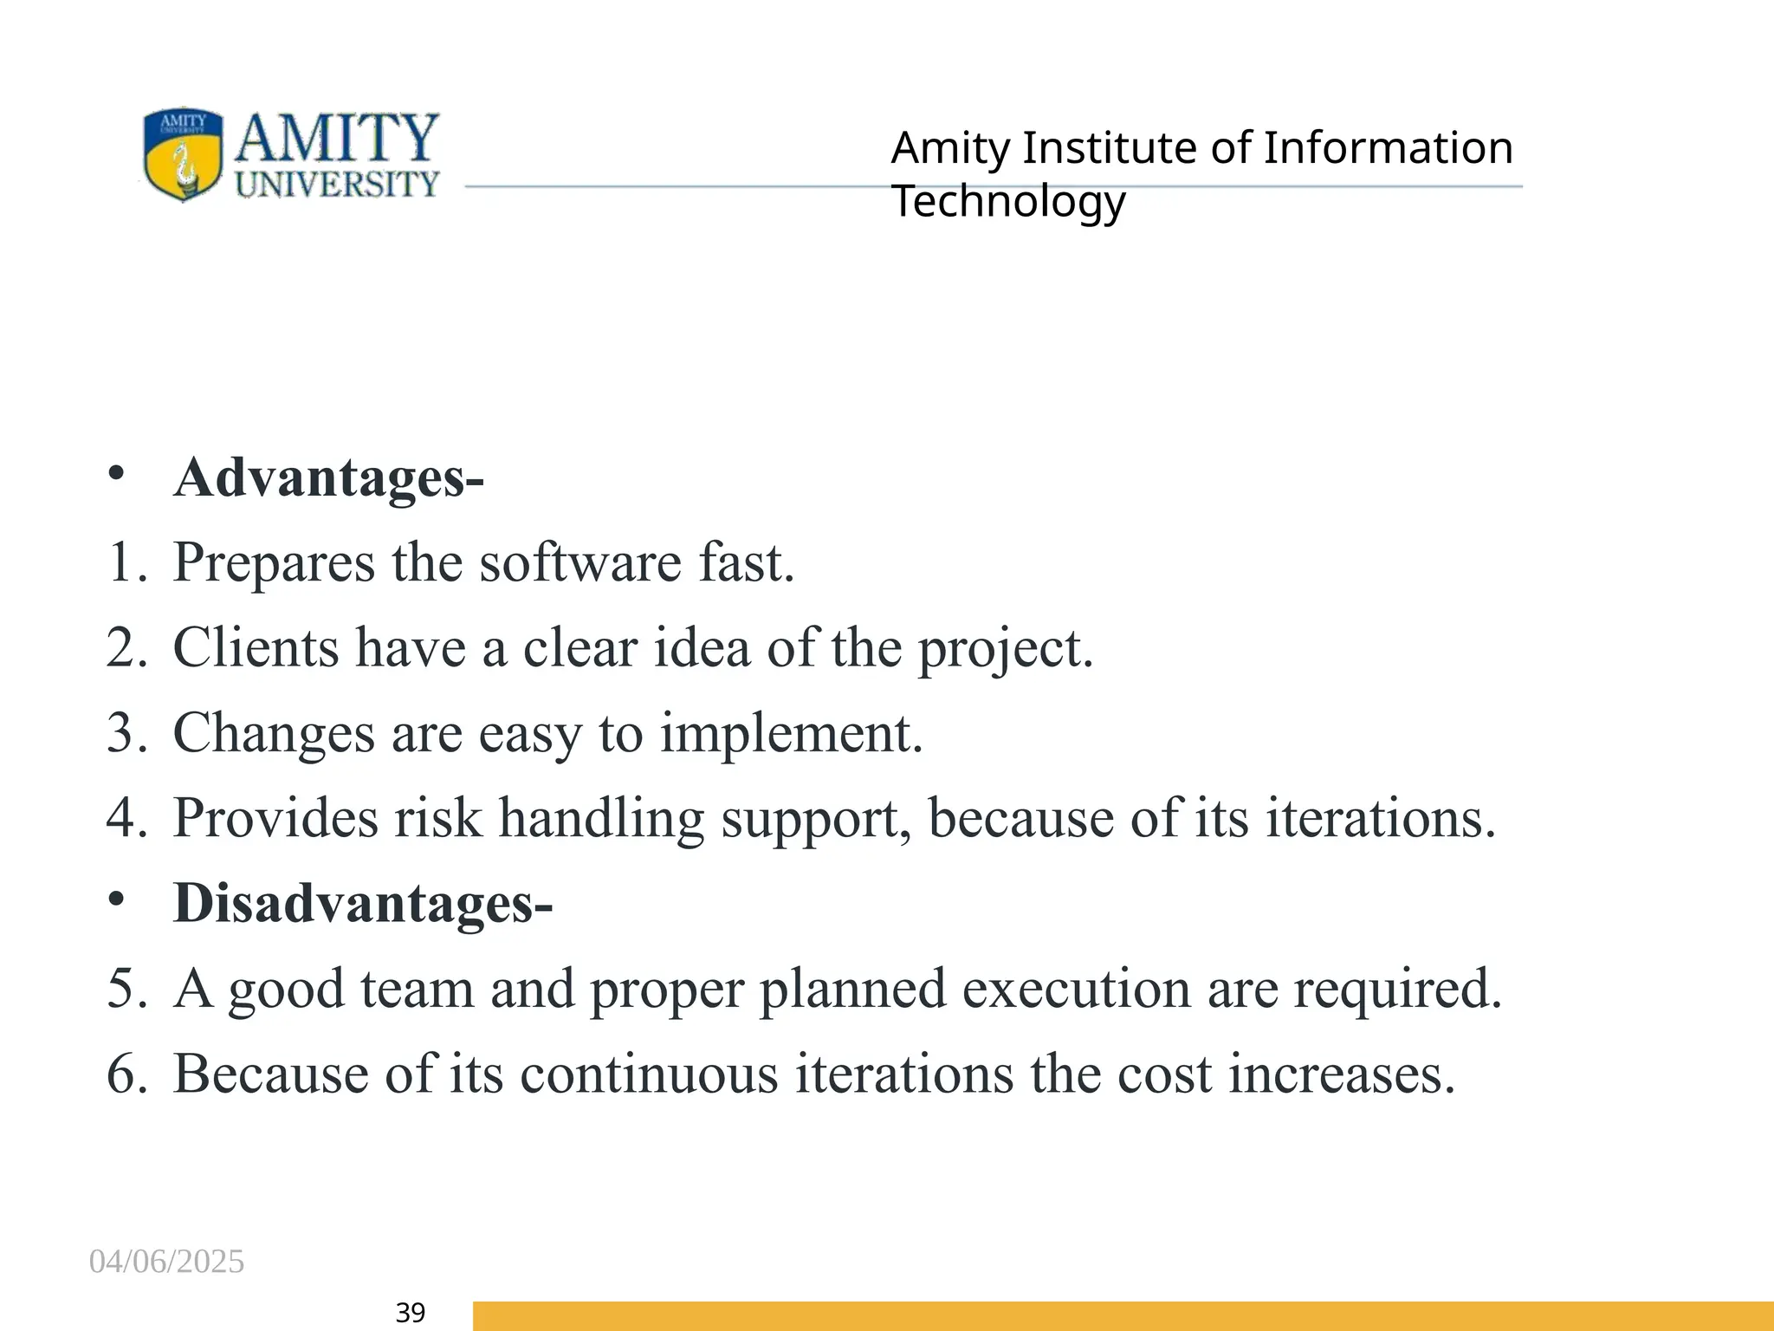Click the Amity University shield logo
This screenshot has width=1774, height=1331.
click(183, 154)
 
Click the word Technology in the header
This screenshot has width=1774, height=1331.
click(1008, 202)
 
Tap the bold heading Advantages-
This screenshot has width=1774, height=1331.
click(328, 477)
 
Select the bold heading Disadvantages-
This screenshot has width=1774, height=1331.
click(363, 903)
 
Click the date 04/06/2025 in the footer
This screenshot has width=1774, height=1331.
click(166, 1262)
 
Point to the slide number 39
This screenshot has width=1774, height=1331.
click(410, 1313)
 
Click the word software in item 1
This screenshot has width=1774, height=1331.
click(580, 562)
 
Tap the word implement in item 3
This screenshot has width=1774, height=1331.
click(791, 733)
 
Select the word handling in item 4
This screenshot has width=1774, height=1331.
click(601, 818)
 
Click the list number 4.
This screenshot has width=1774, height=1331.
click(122, 818)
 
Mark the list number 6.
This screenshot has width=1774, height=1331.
click(122, 1074)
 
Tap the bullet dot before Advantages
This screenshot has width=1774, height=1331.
click(116, 473)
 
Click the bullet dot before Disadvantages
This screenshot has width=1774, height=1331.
click(116, 899)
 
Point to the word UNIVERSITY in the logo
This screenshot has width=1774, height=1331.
click(338, 184)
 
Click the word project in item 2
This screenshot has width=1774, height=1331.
click(1005, 649)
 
